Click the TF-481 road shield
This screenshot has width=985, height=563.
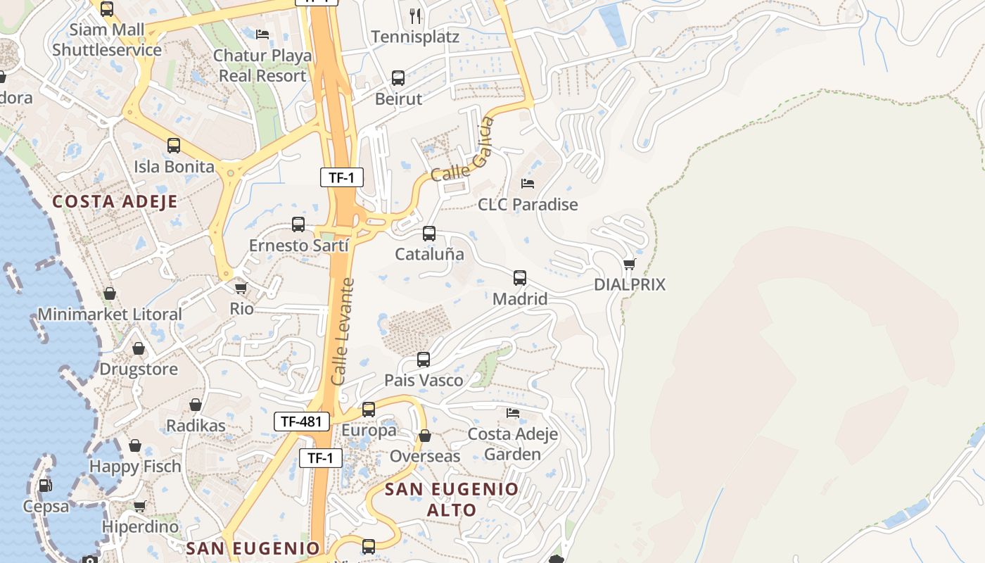click(x=301, y=422)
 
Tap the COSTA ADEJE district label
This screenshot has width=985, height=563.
click(x=115, y=201)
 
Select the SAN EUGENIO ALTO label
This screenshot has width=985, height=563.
click(x=452, y=499)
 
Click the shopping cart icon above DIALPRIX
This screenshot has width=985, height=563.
click(x=630, y=265)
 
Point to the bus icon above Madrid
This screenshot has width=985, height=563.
click(x=520, y=278)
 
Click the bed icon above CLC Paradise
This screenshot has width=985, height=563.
click(x=528, y=184)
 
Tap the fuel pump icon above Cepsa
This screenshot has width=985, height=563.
click(x=45, y=486)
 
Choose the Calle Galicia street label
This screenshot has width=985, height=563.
click(x=462, y=151)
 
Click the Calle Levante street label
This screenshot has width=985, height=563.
click(x=343, y=331)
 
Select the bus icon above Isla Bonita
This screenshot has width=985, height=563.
click(x=174, y=146)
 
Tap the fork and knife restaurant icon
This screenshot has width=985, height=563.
click(x=415, y=15)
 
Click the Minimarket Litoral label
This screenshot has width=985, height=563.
click(x=110, y=314)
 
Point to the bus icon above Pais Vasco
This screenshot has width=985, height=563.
click(x=424, y=360)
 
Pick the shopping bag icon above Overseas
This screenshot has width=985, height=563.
click(x=425, y=436)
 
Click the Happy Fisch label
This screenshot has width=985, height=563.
click(x=135, y=466)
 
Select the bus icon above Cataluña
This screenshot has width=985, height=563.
click(x=429, y=234)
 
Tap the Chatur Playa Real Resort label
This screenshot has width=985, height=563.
click(x=262, y=65)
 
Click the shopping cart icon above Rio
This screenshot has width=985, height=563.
click(x=241, y=288)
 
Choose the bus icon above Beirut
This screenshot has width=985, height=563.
click(x=398, y=78)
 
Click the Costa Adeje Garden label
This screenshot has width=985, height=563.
click(x=513, y=443)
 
